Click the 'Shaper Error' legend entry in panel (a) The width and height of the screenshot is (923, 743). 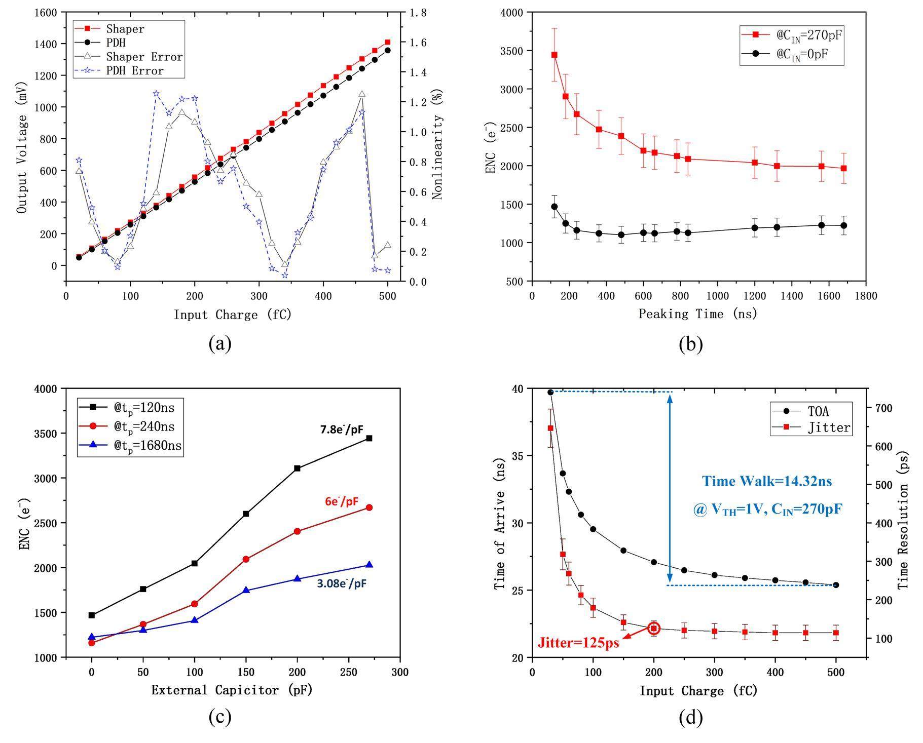[144, 57]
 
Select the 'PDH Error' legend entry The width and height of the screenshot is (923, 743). [134, 71]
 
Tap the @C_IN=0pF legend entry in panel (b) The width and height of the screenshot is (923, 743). [802, 54]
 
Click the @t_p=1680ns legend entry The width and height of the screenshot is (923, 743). [147, 446]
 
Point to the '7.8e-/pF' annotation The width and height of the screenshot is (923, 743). [341, 429]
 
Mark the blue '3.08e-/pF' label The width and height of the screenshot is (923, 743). [341, 583]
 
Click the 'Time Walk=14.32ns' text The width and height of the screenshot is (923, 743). [766, 481]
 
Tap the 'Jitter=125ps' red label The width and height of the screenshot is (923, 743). [578, 643]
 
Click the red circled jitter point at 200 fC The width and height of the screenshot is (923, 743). [654, 629]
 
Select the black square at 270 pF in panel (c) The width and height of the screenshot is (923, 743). [369, 438]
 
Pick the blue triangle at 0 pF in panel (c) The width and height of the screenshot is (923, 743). [92, 637]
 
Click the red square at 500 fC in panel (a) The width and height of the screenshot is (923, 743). [388, 42]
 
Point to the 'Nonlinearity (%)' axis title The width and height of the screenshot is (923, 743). [438, 144]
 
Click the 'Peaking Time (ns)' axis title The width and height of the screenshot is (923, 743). [697, 314]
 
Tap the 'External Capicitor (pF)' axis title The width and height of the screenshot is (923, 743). [232, 690]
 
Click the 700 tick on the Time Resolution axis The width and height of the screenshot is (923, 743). [881, 408]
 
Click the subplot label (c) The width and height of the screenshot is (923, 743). [220, 717]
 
